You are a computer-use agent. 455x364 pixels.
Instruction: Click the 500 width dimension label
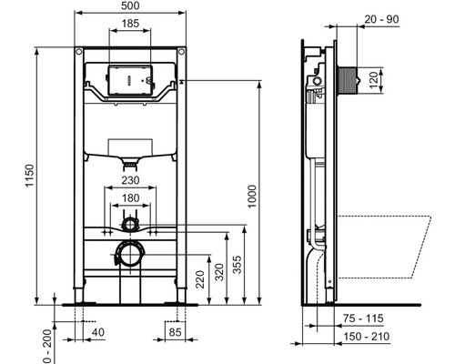(x=130, y=5)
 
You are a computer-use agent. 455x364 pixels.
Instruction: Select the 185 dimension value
(x=130, y=24)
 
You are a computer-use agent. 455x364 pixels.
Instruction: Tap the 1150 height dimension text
(x=29, y=176)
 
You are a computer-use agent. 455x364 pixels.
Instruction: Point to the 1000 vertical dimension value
(x=252, y=197)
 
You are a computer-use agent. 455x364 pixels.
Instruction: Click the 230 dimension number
(x=130, y=180)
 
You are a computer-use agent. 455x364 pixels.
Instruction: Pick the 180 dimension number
(x=130, y=198)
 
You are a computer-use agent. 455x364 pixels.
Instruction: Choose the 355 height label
(x=238, y=265)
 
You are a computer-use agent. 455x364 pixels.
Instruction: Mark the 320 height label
(x=219, y=272)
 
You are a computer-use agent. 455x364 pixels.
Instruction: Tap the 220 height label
(x=200, y=279)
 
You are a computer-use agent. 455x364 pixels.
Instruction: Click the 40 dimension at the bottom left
(x=98, y=332)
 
